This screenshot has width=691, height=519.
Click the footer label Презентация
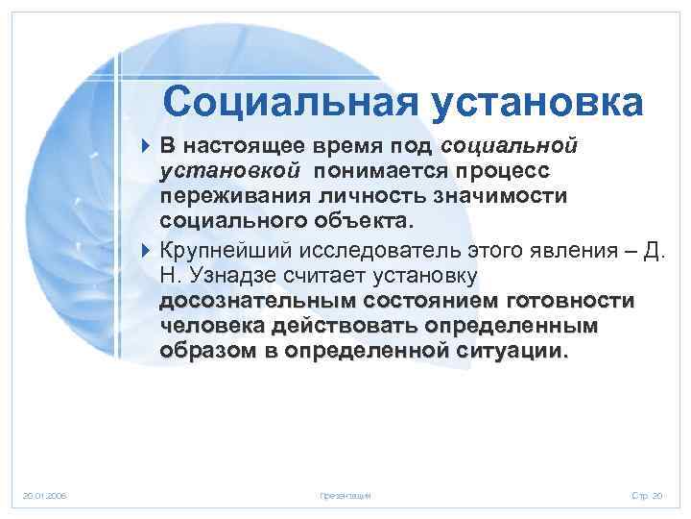tap(345, 496)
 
